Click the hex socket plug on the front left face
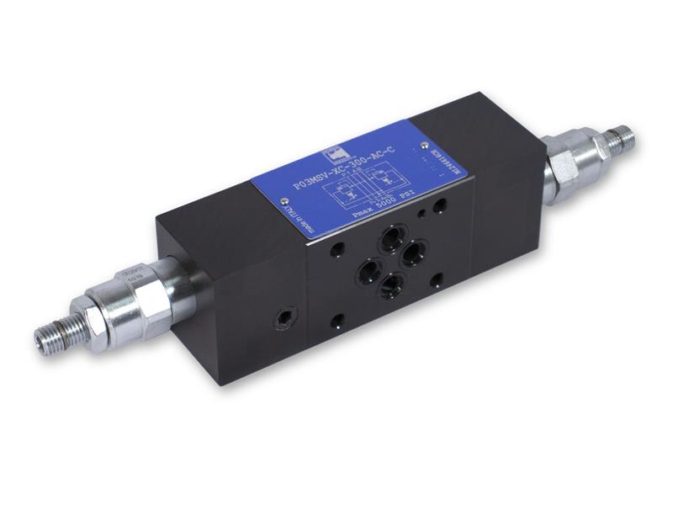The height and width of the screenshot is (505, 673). pyautogui.click(x=282, y=319)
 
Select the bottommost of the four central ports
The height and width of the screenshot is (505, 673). pyautogui.click(x=389, y=286)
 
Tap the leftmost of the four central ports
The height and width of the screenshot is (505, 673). pyautogui.click(x=368, y=269)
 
